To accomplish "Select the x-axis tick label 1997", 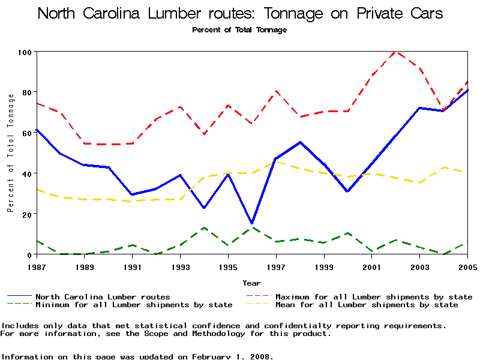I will [276, 266].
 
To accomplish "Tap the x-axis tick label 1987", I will [37, 266].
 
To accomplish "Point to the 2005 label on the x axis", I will [467, 266].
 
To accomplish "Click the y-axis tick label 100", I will [23, 52].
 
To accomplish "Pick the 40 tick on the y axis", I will [26, 173].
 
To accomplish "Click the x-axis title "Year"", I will [251, 283].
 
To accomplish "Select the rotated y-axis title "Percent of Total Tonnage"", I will [10, 153].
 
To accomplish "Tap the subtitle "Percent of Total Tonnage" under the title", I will [239, 29].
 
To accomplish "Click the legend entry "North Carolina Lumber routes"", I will [103, 296].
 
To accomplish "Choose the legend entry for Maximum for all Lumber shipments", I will [374, 296].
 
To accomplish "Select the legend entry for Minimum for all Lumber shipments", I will [134, 305].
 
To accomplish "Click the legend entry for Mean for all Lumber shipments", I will [367, 305].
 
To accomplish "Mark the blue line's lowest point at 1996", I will [252, 223].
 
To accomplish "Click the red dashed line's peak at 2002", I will [395, 52].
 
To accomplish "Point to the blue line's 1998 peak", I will [300, 142].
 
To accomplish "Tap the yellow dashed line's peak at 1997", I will [276, 161].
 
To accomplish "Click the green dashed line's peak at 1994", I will [205, 228].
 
